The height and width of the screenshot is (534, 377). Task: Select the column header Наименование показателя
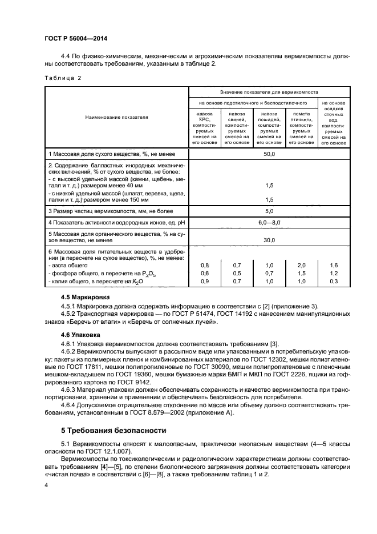tap(116, 117)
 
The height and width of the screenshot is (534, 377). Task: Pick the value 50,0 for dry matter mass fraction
tap(269, 154)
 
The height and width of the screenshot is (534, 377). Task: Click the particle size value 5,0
tap(269, 211)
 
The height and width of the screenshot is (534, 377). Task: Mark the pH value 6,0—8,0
tap(269, 222)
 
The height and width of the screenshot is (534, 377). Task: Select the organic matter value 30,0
tap(269, 240)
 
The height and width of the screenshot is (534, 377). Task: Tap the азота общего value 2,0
tap(301, 266)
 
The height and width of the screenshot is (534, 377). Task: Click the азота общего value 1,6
tap(334, 266)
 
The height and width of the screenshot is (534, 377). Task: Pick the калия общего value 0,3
tap(334, 282)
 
